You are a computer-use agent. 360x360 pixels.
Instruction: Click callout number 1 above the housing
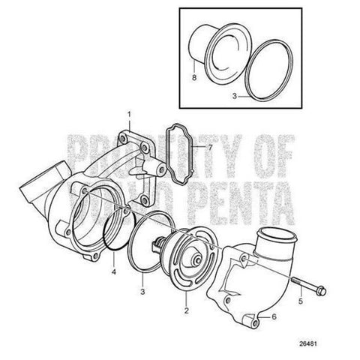(x=129, y=115)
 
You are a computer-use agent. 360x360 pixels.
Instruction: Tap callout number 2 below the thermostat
(x=186, y=310)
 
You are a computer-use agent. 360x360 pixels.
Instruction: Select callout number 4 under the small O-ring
(x=114, y=271)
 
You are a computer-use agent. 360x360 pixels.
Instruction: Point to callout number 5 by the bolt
(x=301, y=301)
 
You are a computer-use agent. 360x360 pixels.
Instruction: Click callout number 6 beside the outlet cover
(x=274, y=317)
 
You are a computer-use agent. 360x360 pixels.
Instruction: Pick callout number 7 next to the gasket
(x=210, y=148)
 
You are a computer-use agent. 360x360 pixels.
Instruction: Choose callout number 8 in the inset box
(x=194, y=77)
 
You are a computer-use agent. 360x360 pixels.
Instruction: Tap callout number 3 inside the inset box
(x=234, y=96)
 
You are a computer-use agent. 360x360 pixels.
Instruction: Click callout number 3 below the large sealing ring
(x=142, y=292)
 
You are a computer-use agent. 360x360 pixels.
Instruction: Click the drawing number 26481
(x=308, y=343)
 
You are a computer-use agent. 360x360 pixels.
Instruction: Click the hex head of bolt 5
(x=322, y=291)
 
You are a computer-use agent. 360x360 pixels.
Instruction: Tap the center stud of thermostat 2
(x=197, y=260)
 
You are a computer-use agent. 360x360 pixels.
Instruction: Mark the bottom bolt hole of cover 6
(x=255, y=323)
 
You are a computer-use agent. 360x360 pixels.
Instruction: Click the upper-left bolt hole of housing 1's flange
(x=122, y=139)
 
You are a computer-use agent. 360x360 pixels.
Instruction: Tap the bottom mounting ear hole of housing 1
(x=94, y=256)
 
